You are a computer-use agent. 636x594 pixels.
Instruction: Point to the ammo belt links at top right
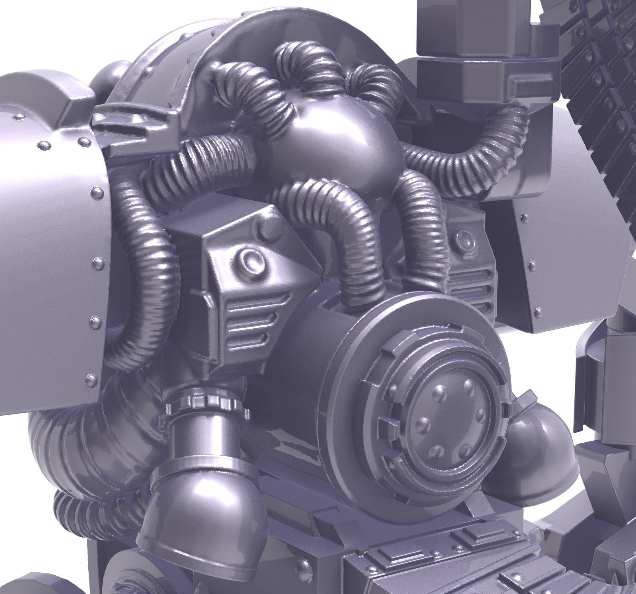(x=596, y=79)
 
